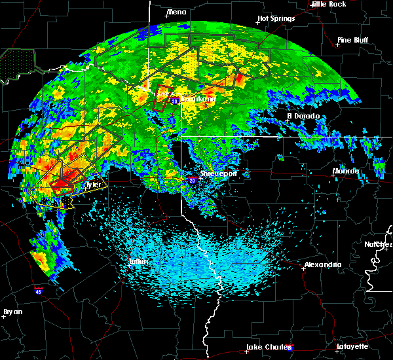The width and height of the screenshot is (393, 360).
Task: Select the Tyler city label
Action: [93, 185]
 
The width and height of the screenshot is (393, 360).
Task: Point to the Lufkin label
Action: [138, 262]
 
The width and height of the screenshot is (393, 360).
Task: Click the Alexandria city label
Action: [322, 265]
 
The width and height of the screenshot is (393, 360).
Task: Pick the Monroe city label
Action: [345, 171]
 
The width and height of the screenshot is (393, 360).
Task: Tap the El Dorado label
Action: [303, 117]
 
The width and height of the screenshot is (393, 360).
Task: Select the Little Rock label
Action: [328, 4]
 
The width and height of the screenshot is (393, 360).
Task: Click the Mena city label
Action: [176, 12]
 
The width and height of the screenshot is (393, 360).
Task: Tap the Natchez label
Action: [379, 244]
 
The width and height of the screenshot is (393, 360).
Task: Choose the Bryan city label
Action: [12, 312]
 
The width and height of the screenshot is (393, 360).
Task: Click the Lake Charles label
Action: [267, 347]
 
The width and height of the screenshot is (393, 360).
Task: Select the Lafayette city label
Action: [352, 346]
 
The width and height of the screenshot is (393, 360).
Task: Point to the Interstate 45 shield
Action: [39, 288]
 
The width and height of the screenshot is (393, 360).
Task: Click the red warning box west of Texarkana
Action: [161, 97]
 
